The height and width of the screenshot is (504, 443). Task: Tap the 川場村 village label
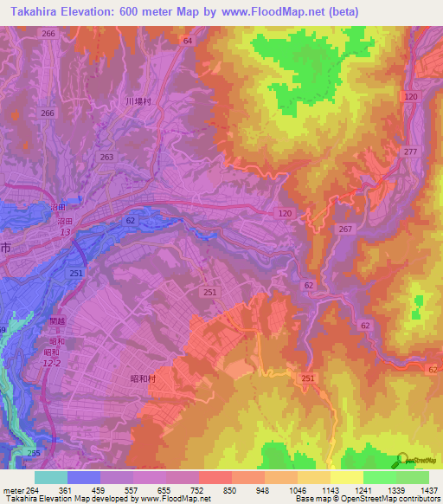pos(138,101)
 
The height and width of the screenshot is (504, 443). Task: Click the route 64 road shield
pos(187,41)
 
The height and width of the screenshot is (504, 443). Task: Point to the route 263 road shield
pos(106,158)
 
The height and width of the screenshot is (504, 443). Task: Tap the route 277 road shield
pos(410,152)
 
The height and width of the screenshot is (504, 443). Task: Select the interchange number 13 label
pos(65,232)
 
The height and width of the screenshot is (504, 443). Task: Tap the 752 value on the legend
pos(198,491)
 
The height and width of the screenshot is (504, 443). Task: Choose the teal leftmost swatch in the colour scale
pos(51,477)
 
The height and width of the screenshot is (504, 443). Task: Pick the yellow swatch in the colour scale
pos(346,477)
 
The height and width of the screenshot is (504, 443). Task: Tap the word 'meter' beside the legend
pos(12,491)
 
